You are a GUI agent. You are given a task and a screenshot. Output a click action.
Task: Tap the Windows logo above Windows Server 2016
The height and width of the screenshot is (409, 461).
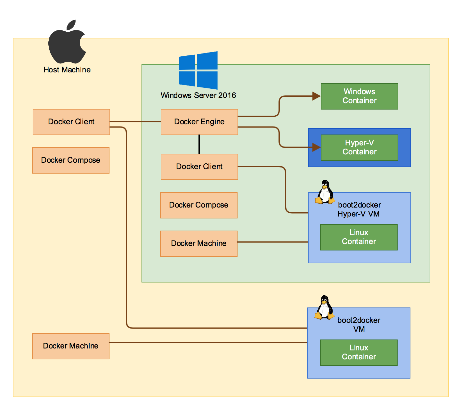(x=198, y=70)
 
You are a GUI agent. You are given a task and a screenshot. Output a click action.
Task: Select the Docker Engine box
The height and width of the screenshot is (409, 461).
(x=199, y=122)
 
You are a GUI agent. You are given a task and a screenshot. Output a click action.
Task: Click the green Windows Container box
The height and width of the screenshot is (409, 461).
(x=359, y=96)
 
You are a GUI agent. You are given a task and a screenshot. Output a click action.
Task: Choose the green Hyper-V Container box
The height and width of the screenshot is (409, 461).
(x=359, y=147)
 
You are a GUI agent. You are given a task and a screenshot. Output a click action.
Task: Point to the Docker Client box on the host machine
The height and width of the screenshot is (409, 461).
(x=71, y=122)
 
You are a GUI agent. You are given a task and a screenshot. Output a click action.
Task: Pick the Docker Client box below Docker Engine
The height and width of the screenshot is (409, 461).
(x=199, y=167)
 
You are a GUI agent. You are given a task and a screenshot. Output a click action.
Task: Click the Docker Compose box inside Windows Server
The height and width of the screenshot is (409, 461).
(x=198, y=205)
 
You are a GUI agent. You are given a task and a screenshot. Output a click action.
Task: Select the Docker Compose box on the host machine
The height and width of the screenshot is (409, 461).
(x=70, y=160)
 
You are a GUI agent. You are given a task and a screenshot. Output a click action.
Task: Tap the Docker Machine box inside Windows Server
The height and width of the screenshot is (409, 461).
(x=198, y=243)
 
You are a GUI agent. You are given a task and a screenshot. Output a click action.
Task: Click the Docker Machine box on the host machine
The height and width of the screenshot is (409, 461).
(x=70, y=346)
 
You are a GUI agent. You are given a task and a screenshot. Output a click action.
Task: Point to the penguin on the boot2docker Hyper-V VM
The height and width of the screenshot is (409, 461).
(x=325, y=192)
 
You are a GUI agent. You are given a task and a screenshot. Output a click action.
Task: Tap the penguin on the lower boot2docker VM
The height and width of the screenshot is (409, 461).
(x=324, y=307)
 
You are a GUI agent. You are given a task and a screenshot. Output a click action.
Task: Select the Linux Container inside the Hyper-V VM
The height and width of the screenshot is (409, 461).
(x=359, y=237)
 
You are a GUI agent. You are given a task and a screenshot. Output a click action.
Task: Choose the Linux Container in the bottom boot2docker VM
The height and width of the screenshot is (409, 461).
(x=359, y=352)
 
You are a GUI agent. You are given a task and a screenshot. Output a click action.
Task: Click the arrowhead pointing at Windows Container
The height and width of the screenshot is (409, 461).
(x=316, y=96)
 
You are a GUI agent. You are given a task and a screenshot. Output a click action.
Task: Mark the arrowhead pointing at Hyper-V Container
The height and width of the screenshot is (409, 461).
(x=316, y=147)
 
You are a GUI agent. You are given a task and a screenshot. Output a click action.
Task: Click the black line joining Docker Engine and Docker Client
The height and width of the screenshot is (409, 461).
(x=199, y=144)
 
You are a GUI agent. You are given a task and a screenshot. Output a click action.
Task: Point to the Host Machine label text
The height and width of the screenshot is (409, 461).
(x=67, y=70)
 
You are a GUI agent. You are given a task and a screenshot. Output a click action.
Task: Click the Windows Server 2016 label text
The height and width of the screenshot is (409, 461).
(x=198, y=95)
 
